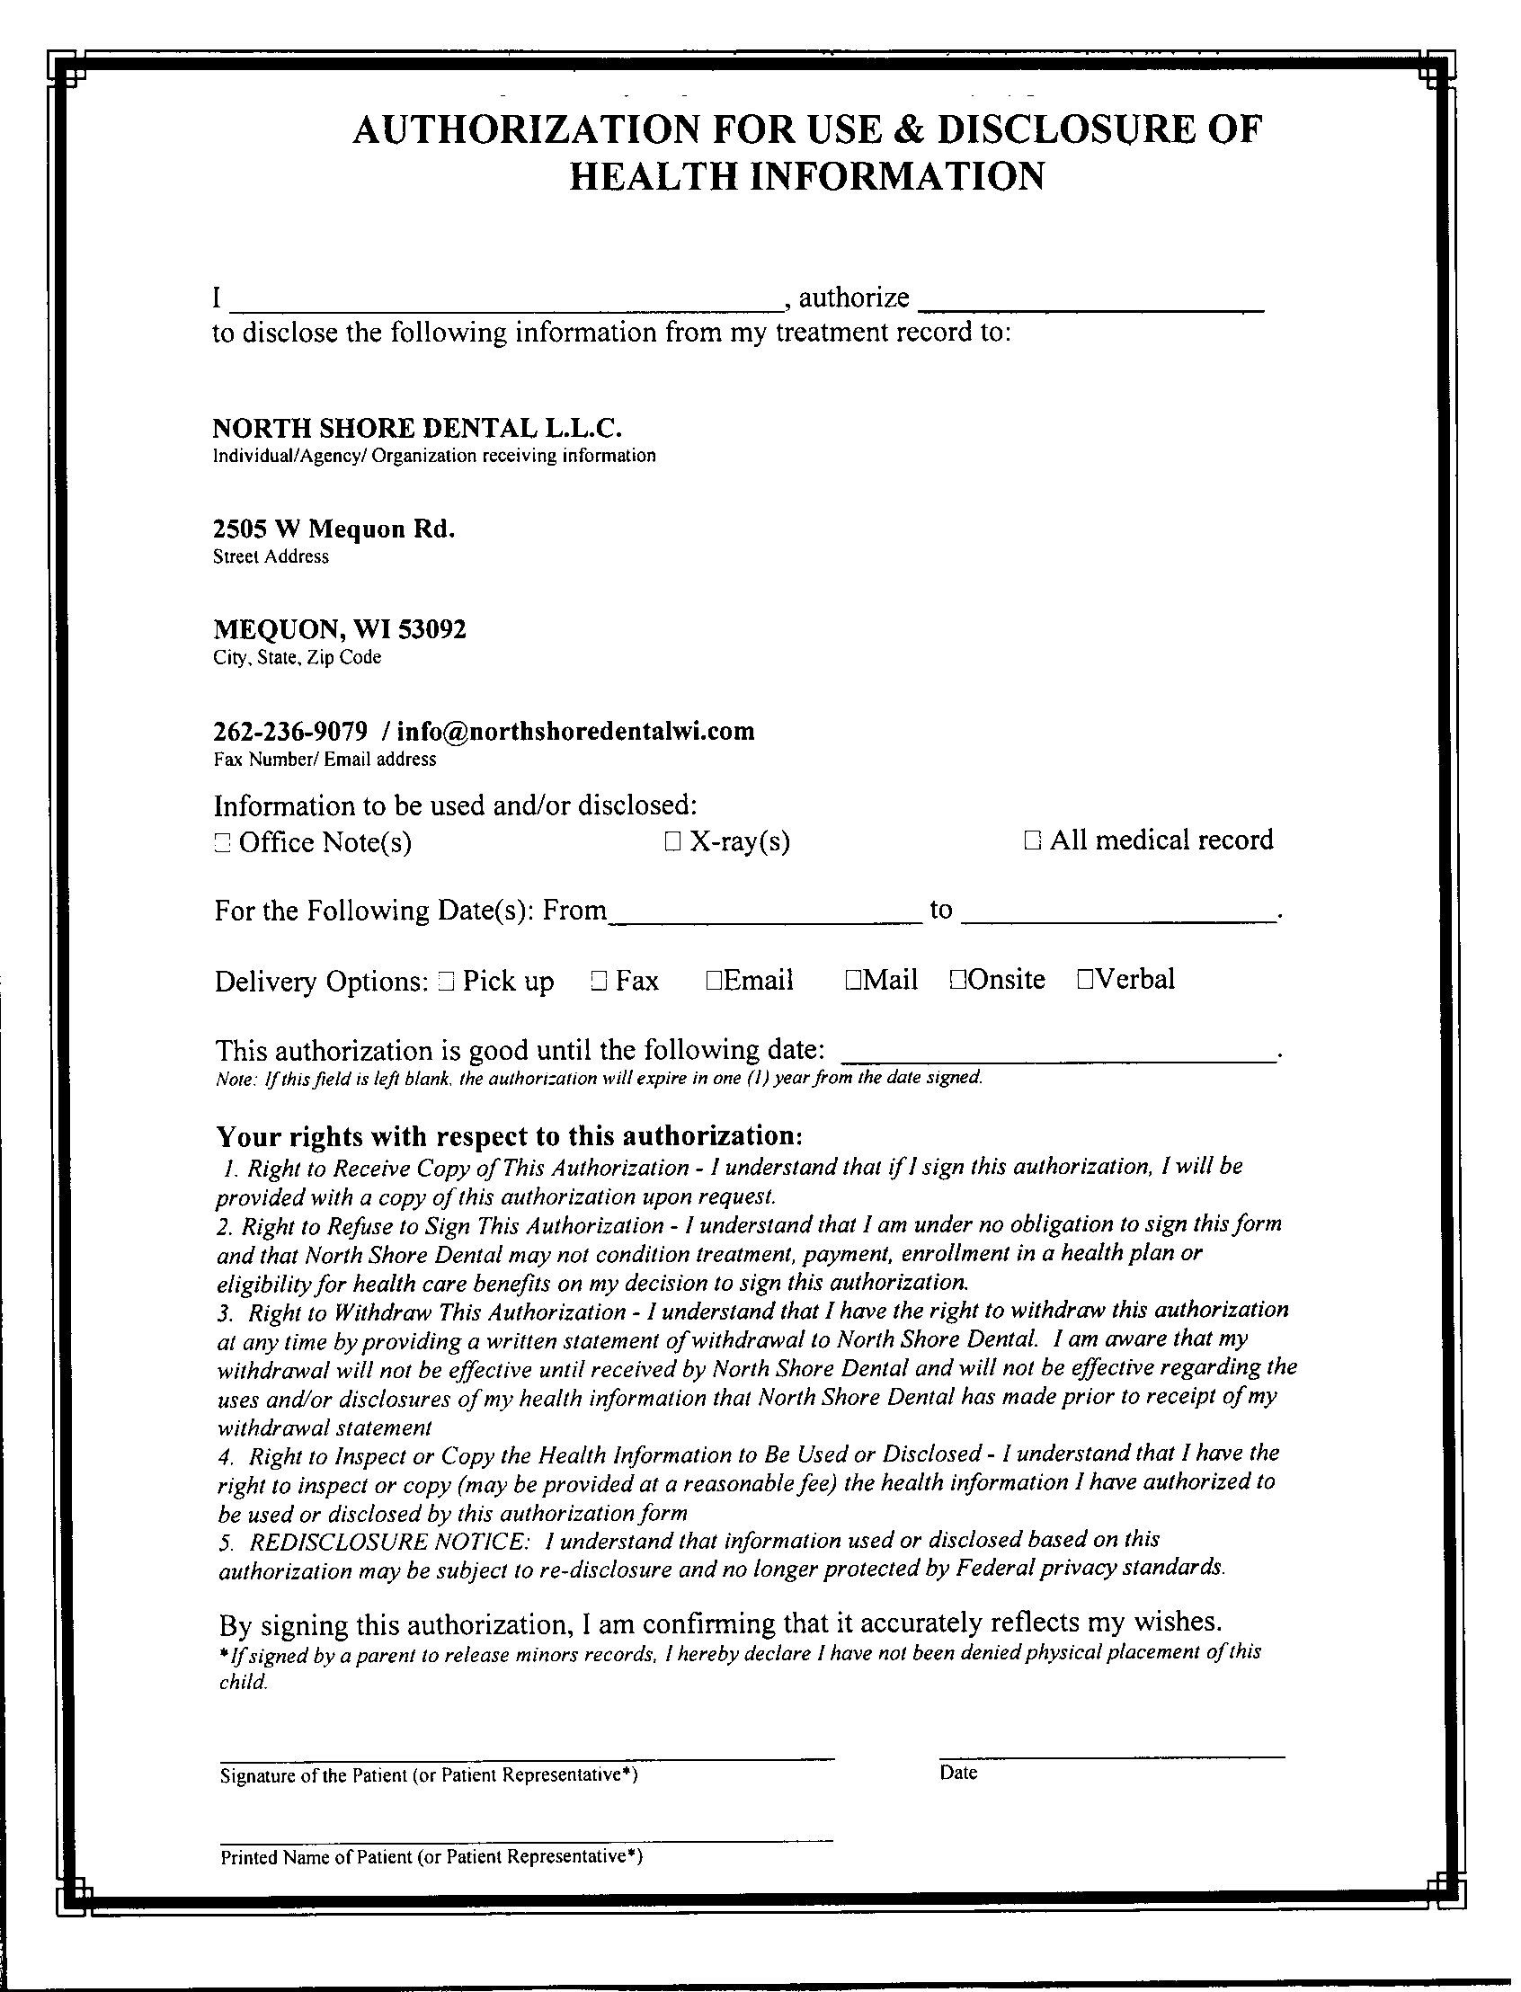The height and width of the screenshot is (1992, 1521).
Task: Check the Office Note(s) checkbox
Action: (222, 844)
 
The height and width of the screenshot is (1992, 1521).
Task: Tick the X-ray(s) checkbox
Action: (672, 843)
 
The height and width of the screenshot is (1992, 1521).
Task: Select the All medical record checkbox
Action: (1032, 841)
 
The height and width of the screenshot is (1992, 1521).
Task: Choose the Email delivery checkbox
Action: (714, 980)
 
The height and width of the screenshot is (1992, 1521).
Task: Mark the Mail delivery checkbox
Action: (853, 980)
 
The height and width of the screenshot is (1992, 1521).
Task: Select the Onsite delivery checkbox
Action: (959, 980)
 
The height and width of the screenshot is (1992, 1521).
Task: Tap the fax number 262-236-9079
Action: (290, 732)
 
